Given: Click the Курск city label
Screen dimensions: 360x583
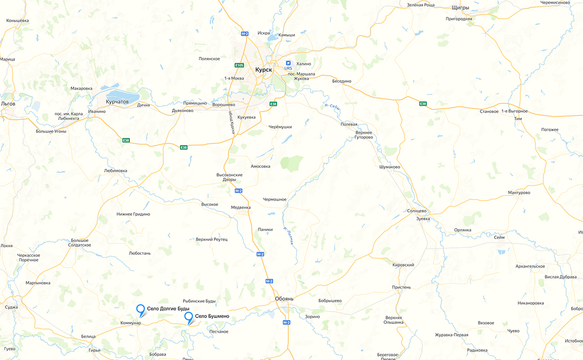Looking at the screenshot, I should pos(263,70).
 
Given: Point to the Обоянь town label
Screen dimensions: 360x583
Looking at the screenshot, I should pos(284,299).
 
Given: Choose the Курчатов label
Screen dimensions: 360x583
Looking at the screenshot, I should pos(117,102).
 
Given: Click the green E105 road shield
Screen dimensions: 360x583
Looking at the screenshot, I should pos(239,65).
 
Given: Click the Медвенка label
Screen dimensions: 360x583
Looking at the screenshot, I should pos(241,207).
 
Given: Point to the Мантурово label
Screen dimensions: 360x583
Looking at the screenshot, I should pos(519,193).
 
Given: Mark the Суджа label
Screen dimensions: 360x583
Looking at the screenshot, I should pos(11,307).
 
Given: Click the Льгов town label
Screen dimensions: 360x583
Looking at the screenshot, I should pos(8,104).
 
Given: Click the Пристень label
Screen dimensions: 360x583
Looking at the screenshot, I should pos(401,287).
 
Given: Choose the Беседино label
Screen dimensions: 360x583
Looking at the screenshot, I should pos(341,81).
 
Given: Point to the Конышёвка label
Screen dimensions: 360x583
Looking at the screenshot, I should pos(17,21).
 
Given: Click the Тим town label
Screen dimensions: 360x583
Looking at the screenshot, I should pos(518,119).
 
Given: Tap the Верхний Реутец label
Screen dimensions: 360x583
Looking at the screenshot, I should pos(211,240).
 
